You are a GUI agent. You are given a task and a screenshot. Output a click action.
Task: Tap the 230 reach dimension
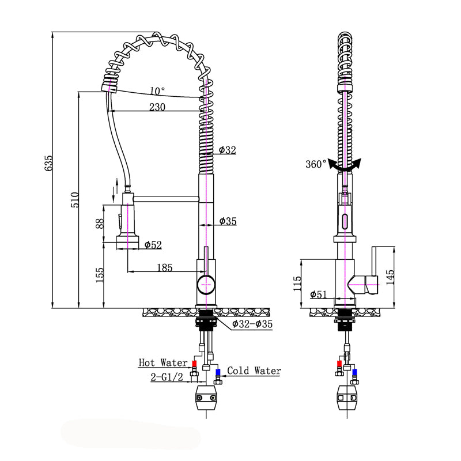point(157,106)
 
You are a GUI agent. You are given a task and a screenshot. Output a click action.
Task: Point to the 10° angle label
point(157,91)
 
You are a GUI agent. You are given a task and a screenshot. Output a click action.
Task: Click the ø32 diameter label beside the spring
point(228,150)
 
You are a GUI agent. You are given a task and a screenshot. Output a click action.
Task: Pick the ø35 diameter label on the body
point(228,221)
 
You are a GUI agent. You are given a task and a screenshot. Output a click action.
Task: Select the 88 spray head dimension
point(100,224)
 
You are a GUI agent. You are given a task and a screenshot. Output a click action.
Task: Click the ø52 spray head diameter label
point(153,245)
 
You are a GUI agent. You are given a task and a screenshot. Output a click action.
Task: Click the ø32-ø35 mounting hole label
point(252,324)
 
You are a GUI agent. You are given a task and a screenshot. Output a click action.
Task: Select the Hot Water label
point(163,363)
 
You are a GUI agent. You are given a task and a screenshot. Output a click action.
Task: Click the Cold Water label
point(254,371)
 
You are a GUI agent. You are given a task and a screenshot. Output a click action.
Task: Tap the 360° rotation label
point(316,164)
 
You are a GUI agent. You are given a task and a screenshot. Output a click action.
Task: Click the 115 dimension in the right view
point(297,284)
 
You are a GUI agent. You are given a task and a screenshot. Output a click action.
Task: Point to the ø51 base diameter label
point(319,294)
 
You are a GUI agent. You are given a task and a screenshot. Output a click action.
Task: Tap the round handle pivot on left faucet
point(206,284)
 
